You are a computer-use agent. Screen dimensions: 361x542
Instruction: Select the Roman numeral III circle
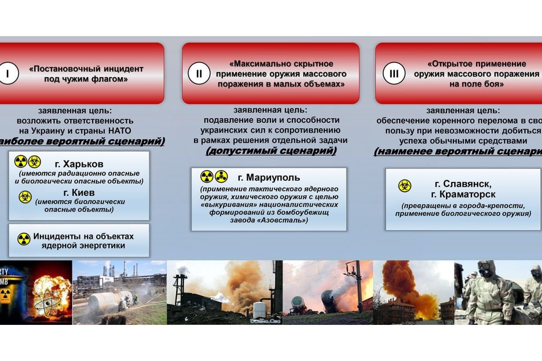click(x=394, y=74)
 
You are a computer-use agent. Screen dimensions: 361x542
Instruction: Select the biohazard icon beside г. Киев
click(x=25, y=197)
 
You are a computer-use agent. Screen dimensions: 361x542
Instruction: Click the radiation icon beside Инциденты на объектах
click(x=23, y=239)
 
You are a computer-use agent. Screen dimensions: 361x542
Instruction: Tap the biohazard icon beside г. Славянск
click(x=405, y=185)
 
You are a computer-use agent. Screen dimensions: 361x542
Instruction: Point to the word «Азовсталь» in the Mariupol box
click(x=287, y=220)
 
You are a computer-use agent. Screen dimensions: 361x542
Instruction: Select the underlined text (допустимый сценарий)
click(x=271, y=151)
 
